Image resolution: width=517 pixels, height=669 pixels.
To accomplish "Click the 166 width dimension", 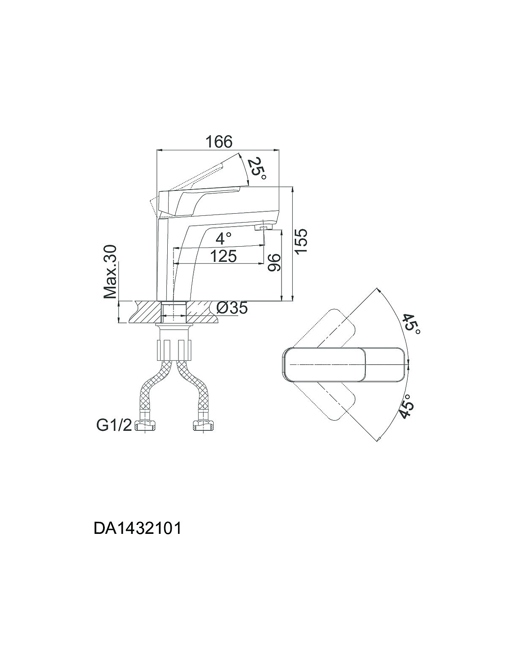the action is pyautogui.click(x=219, y=142).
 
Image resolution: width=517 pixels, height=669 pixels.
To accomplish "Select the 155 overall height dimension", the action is pyautogui.click(x=301, y=241).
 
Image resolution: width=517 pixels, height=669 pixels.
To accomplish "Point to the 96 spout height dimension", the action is pyautogui.click(x=274, y=262).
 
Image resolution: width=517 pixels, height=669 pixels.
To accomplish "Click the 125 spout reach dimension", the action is pyautogui.click(x=223, y=256).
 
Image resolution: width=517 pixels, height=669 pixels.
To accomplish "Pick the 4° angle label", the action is pyautogui.click(x=223, y=238).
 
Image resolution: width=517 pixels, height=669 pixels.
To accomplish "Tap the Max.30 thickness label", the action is pyautogui.click(x=110, y=272).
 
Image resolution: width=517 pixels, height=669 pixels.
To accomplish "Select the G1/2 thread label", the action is pyautogui.click(x=114, y=426).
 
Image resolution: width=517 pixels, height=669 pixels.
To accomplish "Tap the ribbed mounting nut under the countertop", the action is pyautogui.click(x=174, y=349).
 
